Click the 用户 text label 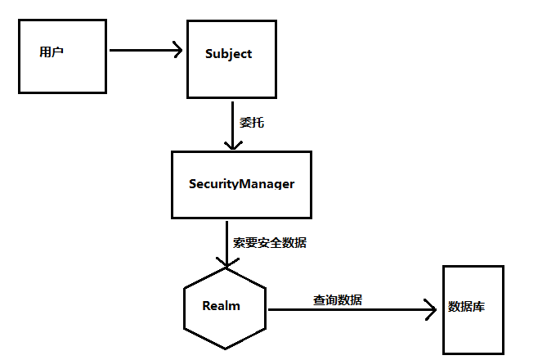coord(52,52)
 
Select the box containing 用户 coord(61,74)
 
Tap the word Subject coord(228,54)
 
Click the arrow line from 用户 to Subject coord(139,50)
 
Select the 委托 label coord(252,123)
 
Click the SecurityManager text coord(241,183)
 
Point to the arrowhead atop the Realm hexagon coord(226,262)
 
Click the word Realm coord(222,306)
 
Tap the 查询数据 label coord(337,299)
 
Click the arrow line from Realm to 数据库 coord(343,310)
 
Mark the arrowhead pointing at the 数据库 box coord(432,310)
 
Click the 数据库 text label coord(467,307)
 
